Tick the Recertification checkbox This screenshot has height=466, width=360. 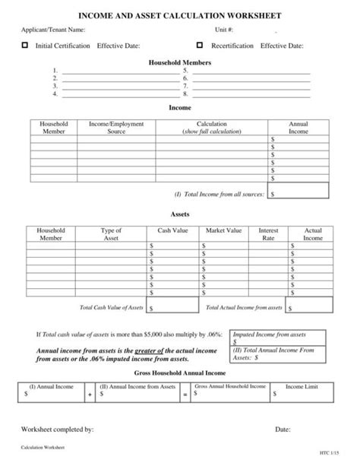[201, 46]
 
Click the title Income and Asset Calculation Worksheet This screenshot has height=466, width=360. [180, 15]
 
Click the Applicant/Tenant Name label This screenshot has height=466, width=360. [52, 30]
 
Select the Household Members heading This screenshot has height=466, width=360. [180, 62]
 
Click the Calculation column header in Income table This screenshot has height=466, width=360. [216, 128]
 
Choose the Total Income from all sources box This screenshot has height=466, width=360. [298, 193]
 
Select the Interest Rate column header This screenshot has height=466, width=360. [269, 234]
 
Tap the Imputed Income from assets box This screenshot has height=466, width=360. [279, 338]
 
